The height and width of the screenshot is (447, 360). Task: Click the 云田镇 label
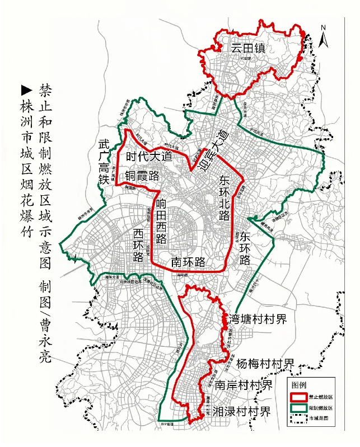click(x=246, y=48)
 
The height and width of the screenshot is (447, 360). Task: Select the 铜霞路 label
click(x=142, y=176)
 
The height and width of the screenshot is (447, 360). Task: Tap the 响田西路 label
click(x=161, y=220)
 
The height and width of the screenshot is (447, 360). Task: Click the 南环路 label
click(x=188, y=262)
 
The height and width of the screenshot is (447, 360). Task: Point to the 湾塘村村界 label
click(x=258, y=319)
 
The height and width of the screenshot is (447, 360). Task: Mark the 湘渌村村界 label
click(x=241, y=412)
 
